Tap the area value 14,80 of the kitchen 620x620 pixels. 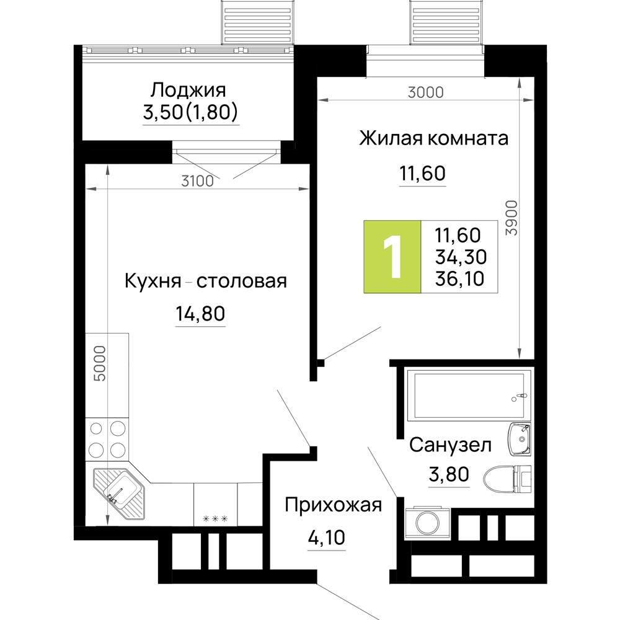[x=200, y=314]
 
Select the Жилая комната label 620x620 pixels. [x=433, y=138]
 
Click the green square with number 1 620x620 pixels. [x=392, y=257]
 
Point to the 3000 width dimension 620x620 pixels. [x=425, y=92]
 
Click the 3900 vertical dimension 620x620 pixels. [x=511, y=218]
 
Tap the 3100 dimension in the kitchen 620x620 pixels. [x=197, y=181]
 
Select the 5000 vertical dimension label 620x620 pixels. [x=100, y=363]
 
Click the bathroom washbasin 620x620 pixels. [x=519, y=439]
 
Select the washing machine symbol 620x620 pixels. [x=427, y=523]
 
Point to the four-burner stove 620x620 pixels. [x=107, y=439]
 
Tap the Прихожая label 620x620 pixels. [x=333, y=506]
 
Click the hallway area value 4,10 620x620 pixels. [x=326, y=538]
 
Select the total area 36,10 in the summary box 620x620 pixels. [x=459, y=278]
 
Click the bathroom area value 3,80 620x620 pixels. [x=449, y=474]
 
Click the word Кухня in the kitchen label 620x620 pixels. [x=153, y=281]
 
